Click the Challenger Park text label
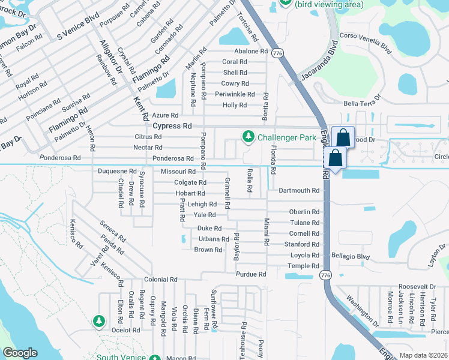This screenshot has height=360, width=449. (286, 137)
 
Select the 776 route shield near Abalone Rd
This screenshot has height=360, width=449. (277, 53)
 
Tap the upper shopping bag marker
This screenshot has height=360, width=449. (343, 138)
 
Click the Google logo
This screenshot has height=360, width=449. (20, 353)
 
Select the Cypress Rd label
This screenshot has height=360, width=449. (172, 127)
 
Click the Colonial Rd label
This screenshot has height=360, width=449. (160, 280)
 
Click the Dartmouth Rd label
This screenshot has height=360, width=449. (299, 190)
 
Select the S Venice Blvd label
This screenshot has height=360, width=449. (77, 27)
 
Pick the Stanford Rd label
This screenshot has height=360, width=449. (301, 244)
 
